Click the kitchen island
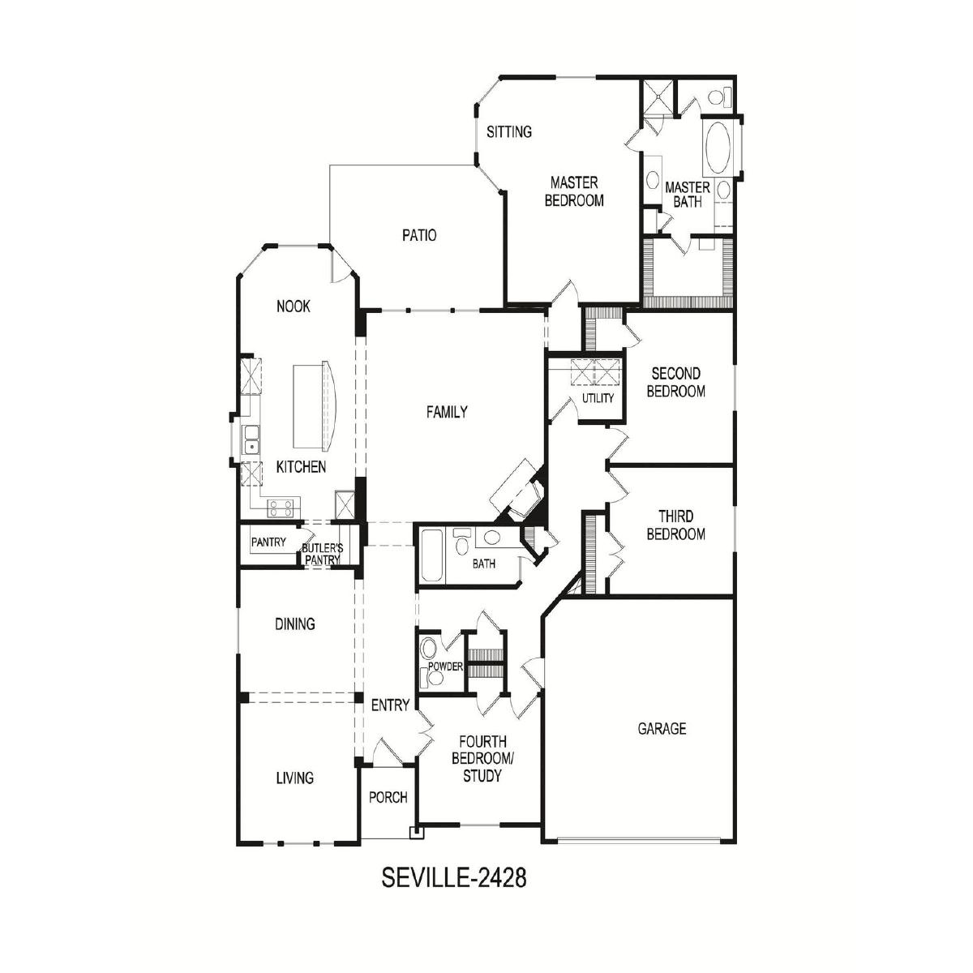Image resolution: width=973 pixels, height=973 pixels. pos(314,405)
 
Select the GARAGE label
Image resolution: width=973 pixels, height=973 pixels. pos(662,728)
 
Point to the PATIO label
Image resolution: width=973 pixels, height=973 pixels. pos(419,235)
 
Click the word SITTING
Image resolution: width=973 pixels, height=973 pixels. pos(509,132)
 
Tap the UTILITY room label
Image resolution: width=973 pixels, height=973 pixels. pos(598,398)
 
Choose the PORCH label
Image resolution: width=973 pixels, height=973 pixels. pos(388,797)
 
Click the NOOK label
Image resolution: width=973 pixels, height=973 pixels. pos(294,306)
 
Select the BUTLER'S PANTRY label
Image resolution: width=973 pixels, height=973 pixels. pos(323,554)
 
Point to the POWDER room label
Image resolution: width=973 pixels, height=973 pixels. pos(445,667)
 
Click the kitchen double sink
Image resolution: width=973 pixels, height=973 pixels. pos(251,439)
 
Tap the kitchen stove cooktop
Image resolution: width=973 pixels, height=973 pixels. pos(281,508)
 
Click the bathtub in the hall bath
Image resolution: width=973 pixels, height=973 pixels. pos(432,555)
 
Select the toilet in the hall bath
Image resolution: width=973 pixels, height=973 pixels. pos(461,542)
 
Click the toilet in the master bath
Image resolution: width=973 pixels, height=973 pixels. pos(720,96)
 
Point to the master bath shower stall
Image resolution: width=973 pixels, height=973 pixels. pos(657,97)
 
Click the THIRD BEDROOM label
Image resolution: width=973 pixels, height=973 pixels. pos(675,525)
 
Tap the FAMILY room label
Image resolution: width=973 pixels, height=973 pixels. pos(447,412)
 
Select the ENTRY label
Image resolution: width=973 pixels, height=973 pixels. pos(390,705)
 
